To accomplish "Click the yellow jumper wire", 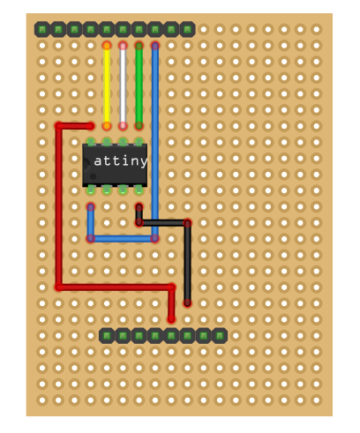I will (x=107, y=85).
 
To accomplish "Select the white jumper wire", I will (x=123, y=85).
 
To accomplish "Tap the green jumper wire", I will (x=139, y=85).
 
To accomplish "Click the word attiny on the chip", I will (x=119, y=161).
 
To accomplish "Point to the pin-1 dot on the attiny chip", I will (x=93, y=176).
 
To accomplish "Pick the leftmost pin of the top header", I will (x=42, y=29).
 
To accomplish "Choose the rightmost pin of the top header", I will (x=187, y=29).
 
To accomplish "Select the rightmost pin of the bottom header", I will (x=219, y=335).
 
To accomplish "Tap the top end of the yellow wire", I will (x=107, y=45).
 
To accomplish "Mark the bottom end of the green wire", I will (x=139, y=125).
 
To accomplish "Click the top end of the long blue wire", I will (x=154, y=45).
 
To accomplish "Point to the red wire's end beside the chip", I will (x=90, y=125).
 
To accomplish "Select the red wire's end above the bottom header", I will (x=171, y=318).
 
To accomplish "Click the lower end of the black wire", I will (x=187, y=302).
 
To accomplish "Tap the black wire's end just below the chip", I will (x=139, y=207).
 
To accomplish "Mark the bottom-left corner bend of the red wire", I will (x=59, y=287).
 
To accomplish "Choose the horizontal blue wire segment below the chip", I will (x=123, y=238).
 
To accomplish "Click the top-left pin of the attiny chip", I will (x=91, y=141).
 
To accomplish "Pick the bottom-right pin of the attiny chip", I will (x=139, y=189).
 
